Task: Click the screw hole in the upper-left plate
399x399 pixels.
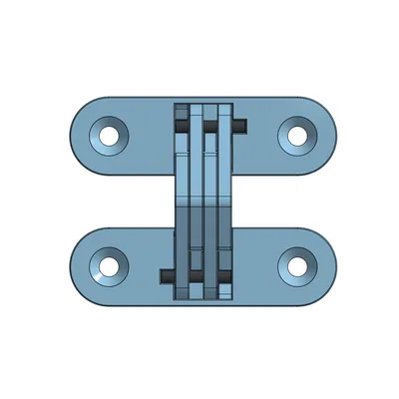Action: pyautogui.click(x=109, y=134)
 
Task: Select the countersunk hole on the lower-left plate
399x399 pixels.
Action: pyautogui.click(x=105, y=265)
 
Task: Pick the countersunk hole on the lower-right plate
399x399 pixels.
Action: pyautogui.click(x=296, y=265)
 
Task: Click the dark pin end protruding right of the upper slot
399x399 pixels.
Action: pyautogui.click(x=241, y=126)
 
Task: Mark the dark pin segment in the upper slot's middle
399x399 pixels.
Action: pyautogui.click(x=210, y=127)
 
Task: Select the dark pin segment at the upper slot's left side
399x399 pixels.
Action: pyautogui.click(x=181, y=127)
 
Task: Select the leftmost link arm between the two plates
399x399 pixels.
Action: pyautogui.click(x=181, y=199)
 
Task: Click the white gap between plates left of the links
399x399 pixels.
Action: pyautogui.click(x=130, y=200)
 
